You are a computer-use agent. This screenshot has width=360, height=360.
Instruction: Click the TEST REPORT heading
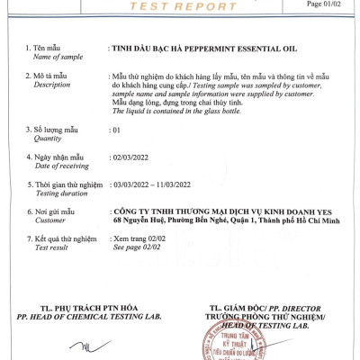tap(179, 5)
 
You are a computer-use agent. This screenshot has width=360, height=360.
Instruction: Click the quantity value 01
tap(114, 130)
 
